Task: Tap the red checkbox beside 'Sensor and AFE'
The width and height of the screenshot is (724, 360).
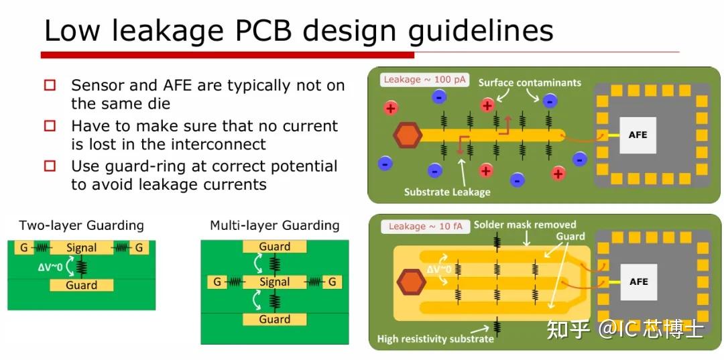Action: coord(50,86)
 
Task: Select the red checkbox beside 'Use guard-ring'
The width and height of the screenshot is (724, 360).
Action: coord(50,166)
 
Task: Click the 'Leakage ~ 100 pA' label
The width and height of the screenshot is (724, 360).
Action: coord(416,80)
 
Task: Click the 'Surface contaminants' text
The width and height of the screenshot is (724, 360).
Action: coord(530,83)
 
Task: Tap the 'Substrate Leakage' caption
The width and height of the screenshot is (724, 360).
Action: coord(447,192)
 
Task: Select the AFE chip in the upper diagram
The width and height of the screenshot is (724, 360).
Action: coord(638,135)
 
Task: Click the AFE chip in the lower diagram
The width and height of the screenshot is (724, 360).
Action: coord(638,282)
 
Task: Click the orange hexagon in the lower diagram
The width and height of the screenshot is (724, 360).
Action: coord(410,282)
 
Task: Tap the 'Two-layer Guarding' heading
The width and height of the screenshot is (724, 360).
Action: coord(81,225)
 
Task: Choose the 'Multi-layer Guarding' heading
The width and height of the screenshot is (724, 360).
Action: coord(274,225)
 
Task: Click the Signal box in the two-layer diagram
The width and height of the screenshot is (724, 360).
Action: coord(81,248)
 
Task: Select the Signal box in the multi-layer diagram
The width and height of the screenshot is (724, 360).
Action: coord(274,282)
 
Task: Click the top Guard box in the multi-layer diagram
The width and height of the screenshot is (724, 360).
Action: coord(274,247)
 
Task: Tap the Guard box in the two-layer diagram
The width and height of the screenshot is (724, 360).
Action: coord(81,286)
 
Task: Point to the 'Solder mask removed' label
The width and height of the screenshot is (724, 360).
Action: coord(525,225)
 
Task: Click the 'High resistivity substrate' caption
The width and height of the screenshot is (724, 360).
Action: coord(435,339)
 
